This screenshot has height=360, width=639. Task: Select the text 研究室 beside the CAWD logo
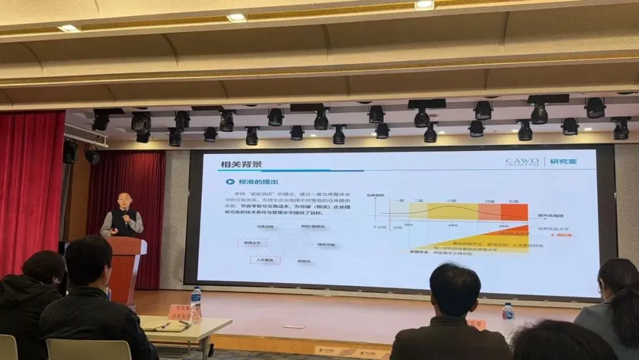pyautogui.click(x=564, y=162)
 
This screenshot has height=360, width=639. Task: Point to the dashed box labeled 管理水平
pyautogui.click(x=253, y=243)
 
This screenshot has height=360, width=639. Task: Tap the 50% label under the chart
pyautogui.click(x=453, y=226)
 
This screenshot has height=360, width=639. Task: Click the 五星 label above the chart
pyautogui.click(x=514, y=201)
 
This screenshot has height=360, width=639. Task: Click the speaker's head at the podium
pyautogui.click(x=124, y=200)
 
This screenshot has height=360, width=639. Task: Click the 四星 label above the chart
pyautogui.click(x=489, y=201)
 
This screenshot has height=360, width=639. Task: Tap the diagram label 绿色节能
pyautogui.click(x=326, y=244)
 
